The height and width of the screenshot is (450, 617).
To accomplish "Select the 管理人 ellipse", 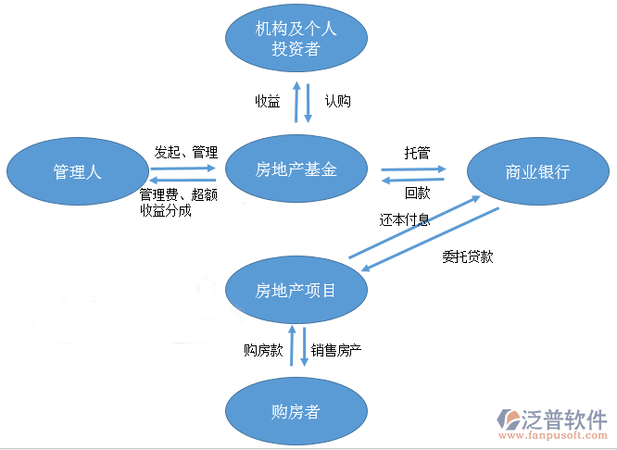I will coord(77,171).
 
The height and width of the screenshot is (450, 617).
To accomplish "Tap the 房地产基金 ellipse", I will coord(296,169).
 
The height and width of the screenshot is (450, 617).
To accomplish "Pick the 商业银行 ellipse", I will coord(537,172).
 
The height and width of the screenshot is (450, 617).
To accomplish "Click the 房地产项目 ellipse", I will coord(296,291).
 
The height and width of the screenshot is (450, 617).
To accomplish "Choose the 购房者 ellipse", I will coord(296,411).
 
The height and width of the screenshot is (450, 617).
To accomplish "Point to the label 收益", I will coord(268,101).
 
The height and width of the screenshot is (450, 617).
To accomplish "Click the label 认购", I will coord(337,101).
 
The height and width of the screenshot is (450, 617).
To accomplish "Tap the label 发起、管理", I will coord(185,152).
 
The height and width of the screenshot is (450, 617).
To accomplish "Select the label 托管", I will coord(417,153).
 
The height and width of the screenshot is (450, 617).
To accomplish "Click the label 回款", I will coord(417,194).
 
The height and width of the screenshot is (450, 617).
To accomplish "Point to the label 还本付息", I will coord(404,220).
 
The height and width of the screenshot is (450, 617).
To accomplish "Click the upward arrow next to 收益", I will coord(296,102).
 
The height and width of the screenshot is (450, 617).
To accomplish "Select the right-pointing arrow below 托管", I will coord(413,169).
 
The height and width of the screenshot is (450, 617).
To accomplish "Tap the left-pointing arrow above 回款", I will coord(413,180).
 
